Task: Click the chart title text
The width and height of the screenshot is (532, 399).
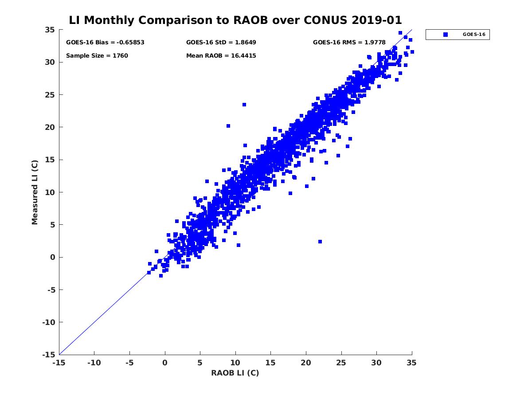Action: (235, 20)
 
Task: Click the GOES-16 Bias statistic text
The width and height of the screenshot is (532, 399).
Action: (105, 43)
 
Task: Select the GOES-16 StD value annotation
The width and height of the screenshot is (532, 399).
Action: (221, 43)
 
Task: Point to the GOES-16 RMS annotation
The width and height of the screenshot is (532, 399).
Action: (349, 43)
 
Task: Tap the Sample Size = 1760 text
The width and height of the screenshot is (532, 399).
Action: (97, 56)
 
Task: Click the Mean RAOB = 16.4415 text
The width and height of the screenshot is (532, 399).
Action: (221, 56)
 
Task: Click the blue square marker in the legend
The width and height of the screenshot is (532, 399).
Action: (446, 35)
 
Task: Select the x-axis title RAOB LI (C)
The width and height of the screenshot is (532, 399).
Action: (235, 373)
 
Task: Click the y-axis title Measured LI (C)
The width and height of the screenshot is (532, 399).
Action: (35, 192)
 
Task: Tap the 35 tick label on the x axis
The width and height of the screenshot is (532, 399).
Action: (412, 363)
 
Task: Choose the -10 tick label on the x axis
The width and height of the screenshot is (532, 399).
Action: (94, 363)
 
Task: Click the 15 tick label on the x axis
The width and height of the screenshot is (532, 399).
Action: (270, 363)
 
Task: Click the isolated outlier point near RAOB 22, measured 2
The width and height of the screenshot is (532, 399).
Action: (320, 242)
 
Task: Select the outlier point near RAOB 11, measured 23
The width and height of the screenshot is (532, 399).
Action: (244, 105)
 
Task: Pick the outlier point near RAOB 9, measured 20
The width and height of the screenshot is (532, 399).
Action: (228, 126)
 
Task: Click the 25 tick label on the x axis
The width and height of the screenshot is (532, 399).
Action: (341, 363)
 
